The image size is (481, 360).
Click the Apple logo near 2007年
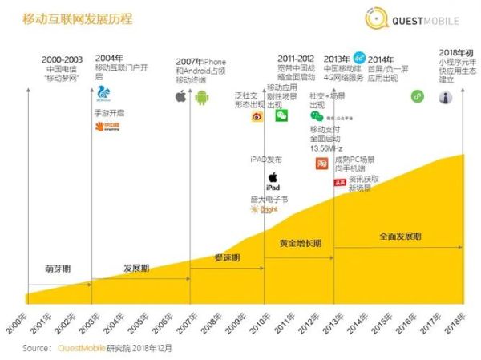tap(181, 97)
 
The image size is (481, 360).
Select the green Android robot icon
tap(202, 97)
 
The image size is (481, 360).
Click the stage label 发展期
tap(136, 269)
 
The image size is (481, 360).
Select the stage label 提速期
tap(227, 257)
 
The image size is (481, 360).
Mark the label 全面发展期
tap(400, 237)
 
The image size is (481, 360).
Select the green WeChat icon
tap(282, 115)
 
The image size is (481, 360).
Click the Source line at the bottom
tap(97, 349)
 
